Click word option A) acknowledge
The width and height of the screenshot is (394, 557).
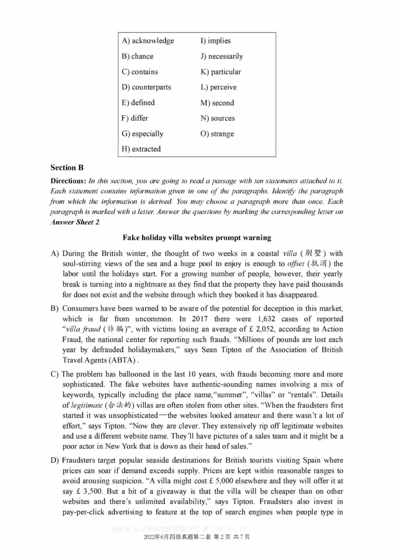(x=147, y=41)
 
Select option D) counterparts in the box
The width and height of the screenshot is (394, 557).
(x=146, y=87)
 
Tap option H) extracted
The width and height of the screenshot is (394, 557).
(x=141, y=149)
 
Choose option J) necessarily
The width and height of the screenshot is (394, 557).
(x=222, y=56)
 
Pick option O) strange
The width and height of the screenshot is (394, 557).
(x=217, y=133)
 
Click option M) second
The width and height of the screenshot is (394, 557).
(x=217, y=103)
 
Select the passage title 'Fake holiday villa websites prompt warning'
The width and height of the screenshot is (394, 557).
(x=197, y=237)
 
